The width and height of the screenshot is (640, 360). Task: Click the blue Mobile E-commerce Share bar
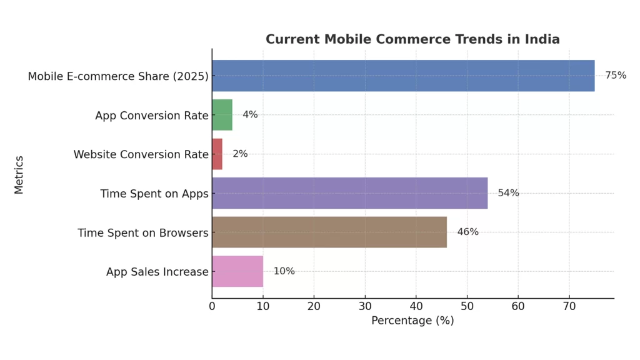[x=403, y=76]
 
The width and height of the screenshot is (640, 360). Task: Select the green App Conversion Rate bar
[x=222, y=115]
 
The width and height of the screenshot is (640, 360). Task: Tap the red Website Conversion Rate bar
[x=217, y=154]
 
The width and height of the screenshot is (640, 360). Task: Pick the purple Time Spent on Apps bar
[x=349, y=193]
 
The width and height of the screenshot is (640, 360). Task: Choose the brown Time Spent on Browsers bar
[x=329, y=232]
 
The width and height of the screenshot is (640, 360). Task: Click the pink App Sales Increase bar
[x=237, y=271]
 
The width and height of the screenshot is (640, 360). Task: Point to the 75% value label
[x=616, y=76]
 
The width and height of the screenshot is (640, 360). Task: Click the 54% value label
[x=508, y=193]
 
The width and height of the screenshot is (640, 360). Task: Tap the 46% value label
[x=467, y=232]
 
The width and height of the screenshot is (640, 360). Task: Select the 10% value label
[x=284, y=271]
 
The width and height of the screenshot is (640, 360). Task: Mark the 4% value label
[x=250, y=115]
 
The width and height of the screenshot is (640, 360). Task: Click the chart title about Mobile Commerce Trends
[x=412, y=39]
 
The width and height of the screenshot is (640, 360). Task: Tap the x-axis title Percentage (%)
[x=412, y=321]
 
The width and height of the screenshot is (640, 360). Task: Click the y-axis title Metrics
[x=19, y=174]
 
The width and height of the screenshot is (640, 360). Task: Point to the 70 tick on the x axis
[x=569, y=306]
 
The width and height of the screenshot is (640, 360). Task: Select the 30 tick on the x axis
[x=365, y=306]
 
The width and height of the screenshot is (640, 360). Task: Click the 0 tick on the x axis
[x=212, y=306]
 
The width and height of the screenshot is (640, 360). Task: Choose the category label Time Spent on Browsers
[x=142, y=233]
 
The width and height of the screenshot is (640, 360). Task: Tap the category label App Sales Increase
[x=157, y=272]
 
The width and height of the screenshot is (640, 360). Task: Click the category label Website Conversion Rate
[x=141, y=154]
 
